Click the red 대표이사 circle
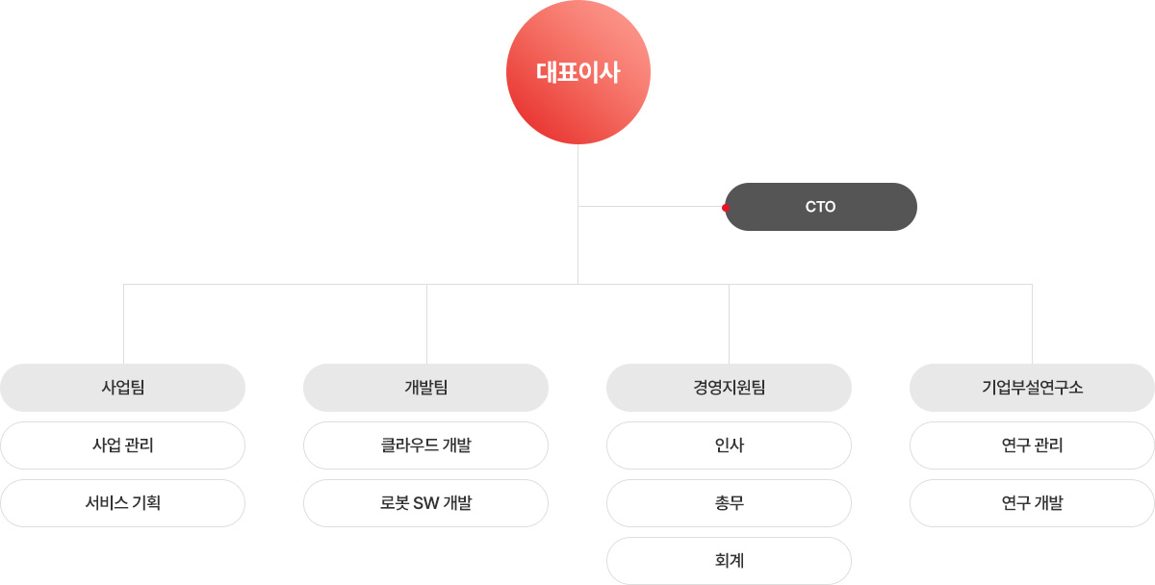pos(577,72)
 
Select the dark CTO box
pos(821,207)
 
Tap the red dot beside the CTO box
pos(726,207)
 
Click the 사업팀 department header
pos(122,388)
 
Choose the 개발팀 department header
pos(425,388)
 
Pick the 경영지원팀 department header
pos(729,388)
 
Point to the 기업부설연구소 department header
pos(1032,388)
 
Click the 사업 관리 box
pos(122,445)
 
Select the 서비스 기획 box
pos(122,503)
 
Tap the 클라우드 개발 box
pos(425,445)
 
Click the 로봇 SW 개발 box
pos(425,503)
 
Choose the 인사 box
pos(729,445)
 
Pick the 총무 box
pos(729,503)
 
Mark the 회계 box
pos(729,561)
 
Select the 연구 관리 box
pos(1032,445)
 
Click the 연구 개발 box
pos(1032,503)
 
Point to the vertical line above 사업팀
pos(123,324)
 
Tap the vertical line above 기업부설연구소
pos(1032,324)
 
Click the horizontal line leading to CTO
pos(650,206)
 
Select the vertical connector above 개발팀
pos(426,324)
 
